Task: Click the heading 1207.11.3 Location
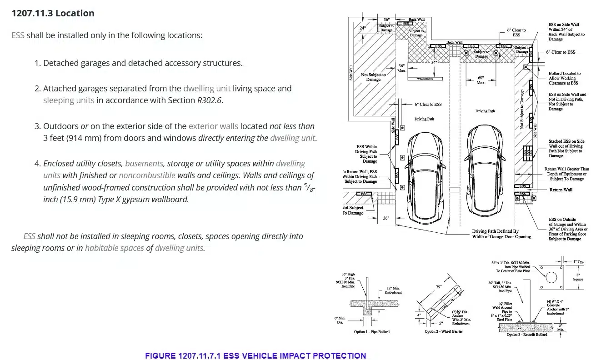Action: point(53,13)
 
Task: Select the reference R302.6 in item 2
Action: point(210,100)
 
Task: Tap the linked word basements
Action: point(144,163)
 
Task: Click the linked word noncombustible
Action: point(147,175)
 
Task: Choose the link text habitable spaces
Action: point(114,248)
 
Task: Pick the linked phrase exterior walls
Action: point(213,126)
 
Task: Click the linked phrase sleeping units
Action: point(69,100)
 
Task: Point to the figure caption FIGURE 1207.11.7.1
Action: point(255,355)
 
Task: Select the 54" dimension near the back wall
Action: point(434,62)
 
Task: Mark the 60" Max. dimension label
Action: point(481,80)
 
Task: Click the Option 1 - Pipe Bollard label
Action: point(371,332)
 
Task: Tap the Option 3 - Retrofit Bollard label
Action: point(527,335)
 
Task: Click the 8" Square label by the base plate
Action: point(565,277)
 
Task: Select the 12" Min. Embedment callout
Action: point(393,290)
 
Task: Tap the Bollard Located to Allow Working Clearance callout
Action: point(564,78)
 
